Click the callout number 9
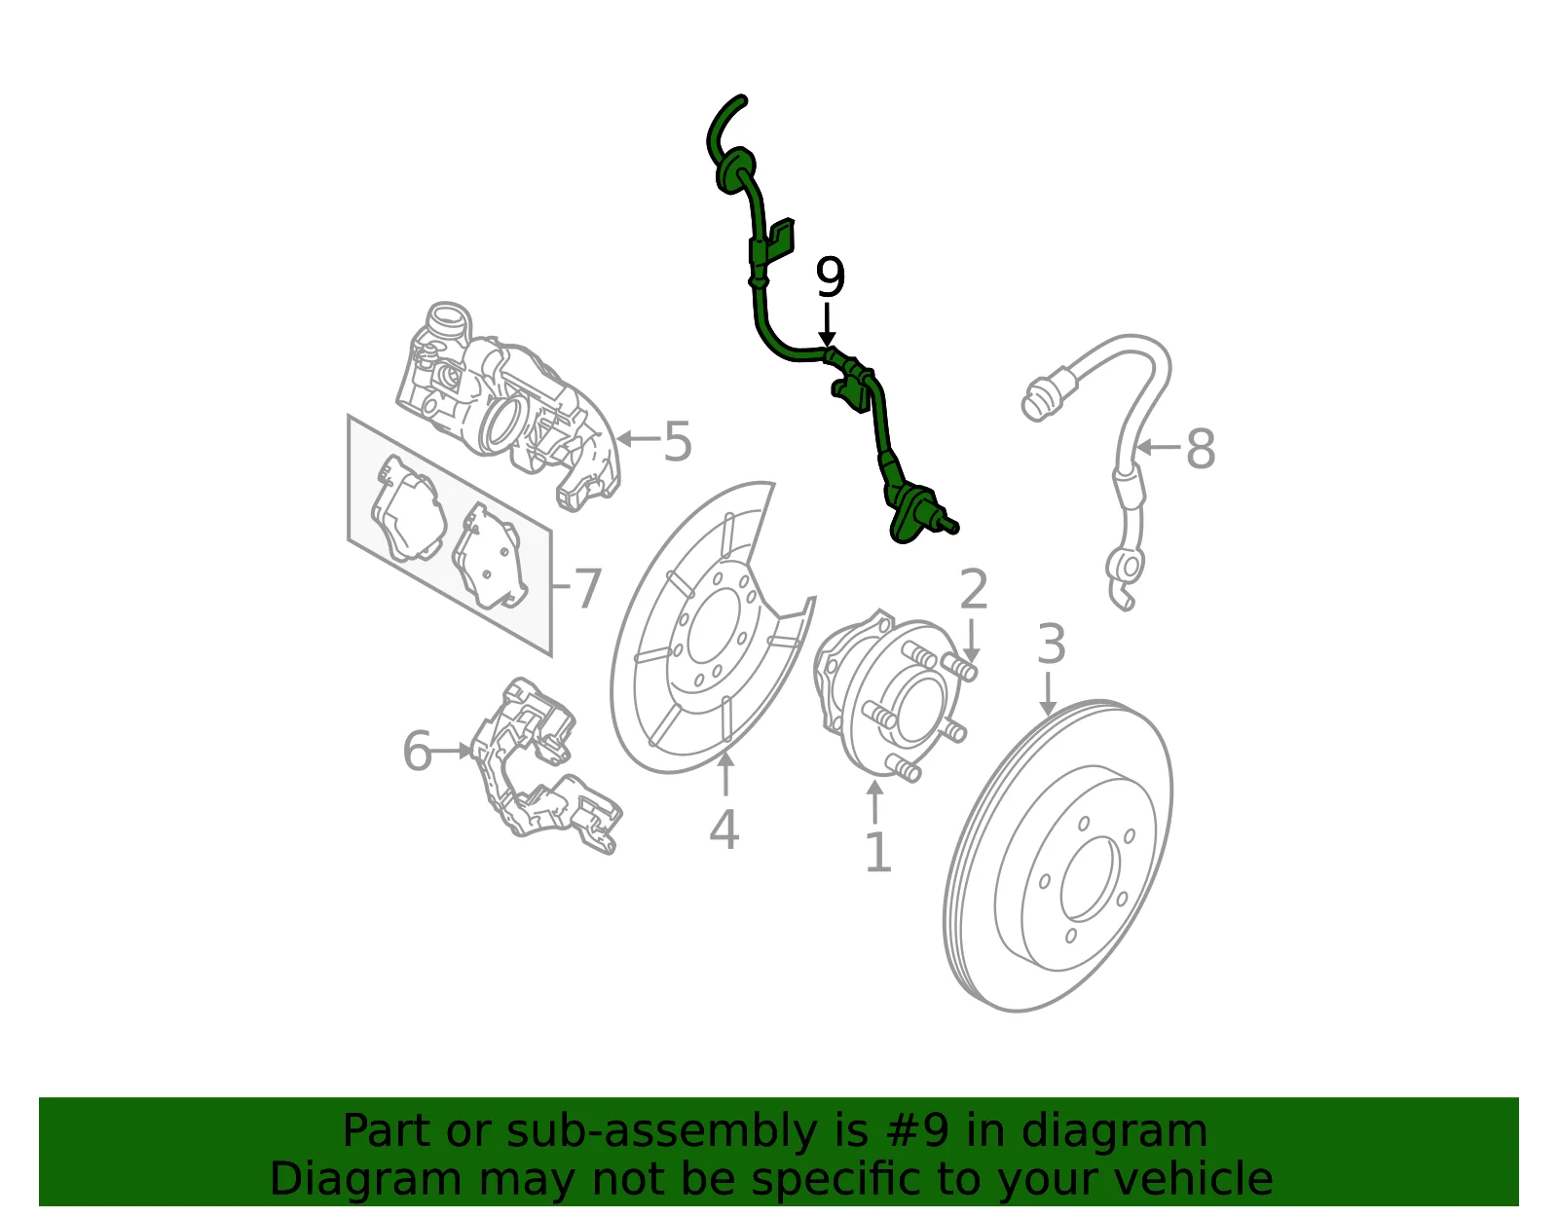coord(831,277)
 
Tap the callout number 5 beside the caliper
coord(678,441)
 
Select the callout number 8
coord(1201,449)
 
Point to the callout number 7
coord(587,589)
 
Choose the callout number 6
coord(418,751)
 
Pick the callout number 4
coord(724,830)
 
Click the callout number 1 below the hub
coord(878,853)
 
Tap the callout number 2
coord(974,589)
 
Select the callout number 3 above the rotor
coord(1051,645)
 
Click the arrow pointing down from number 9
coord(828,324)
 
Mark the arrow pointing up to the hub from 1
coord(874,802)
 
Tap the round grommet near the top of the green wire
coord(735,169)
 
